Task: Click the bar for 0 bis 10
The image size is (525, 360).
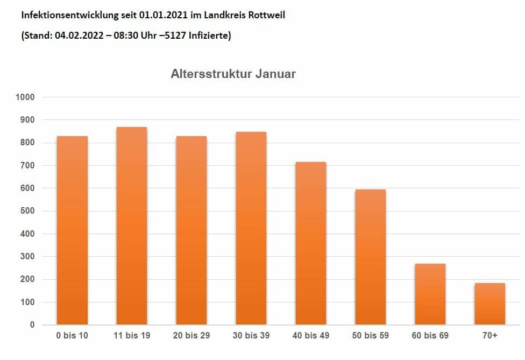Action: pyautogui.click(x=72, y=230)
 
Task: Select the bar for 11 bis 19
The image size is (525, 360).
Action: pyautogui.click(x=132, y=226)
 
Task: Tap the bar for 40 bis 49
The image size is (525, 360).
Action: pyautogui.click(x=311, y=243)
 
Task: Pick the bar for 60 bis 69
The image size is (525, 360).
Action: pyautogui.click(x=430, y=294)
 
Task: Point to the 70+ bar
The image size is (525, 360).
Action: pyautogui.click(x=490, y=303)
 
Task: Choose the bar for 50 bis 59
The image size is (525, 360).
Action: pyautogui.click(x=371, y=257)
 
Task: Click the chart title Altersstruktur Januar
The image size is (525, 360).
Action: pyautogui.click(x=233, y=74)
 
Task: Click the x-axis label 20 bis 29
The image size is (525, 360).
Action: pyautogui.click(x=191, y=336)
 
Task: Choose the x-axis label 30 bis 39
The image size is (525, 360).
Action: pyautogui.click(x=251, y=336)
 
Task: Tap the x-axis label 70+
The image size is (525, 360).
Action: pyautogui.click(x=490, y=336)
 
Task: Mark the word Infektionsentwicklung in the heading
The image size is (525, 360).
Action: pyautogui.click(x=64, y=15)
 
